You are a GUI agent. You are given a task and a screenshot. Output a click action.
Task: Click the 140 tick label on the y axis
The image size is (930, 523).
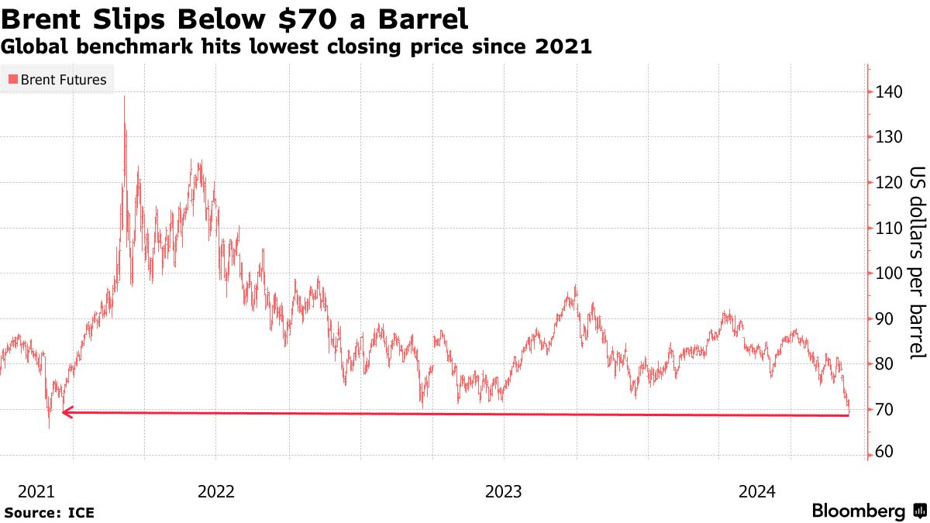point(890,92)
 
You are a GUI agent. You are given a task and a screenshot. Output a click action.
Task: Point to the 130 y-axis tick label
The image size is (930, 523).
point(890,137)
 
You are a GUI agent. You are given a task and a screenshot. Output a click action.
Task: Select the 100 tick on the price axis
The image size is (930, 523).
point(890,274)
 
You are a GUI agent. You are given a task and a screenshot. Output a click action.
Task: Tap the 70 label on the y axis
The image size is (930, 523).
point(887,409)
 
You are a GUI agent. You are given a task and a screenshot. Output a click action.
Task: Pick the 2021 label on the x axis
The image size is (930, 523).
point(36,491)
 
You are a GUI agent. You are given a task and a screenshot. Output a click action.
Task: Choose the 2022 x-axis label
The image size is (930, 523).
point(217,491)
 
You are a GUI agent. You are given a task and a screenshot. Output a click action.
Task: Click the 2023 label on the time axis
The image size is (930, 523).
point(504,491)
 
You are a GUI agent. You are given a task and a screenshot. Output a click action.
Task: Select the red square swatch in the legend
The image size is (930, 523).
point(12,79)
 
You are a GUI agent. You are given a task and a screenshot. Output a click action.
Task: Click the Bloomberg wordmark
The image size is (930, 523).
point(859,511)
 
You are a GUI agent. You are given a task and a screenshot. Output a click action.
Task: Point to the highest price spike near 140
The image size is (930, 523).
point(124,98)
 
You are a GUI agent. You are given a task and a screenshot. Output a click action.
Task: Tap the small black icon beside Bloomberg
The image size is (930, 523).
point(919,511)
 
